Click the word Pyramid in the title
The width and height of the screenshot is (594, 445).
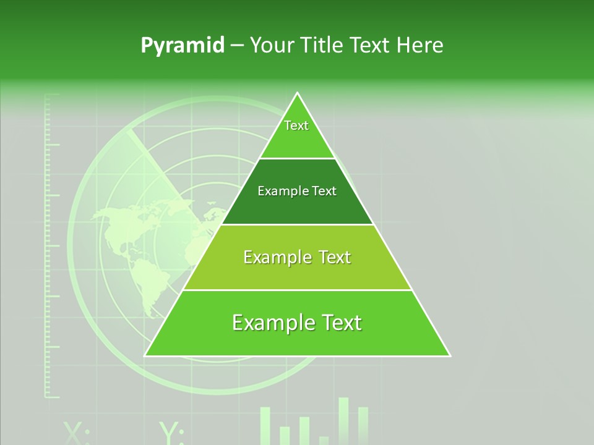(x=183, y=46)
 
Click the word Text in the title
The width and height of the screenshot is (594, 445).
(x=371, y=45)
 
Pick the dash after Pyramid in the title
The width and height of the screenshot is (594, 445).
(x=237, y=46)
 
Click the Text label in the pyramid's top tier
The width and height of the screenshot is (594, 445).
(x=296, y=125)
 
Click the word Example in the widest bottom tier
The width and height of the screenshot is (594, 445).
(x=270, y=323)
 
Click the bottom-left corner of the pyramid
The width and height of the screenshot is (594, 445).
(x=145, y=355)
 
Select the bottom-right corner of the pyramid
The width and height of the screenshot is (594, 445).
(x=450, y=355)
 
